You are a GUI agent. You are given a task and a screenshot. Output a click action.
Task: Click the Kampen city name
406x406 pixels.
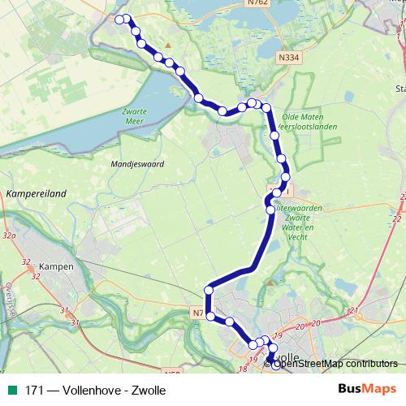click(55, 266)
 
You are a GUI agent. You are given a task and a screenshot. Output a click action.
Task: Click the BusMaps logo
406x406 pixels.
click(368, 390)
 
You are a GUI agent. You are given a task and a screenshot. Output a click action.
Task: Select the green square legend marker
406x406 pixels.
click(11, 391)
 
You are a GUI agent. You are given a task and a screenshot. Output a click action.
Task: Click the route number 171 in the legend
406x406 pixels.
click(34, 391)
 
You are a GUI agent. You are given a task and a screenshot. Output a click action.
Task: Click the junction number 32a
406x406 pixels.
click(9, 235)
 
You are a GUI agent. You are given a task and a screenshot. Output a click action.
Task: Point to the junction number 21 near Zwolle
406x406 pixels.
click(352, 311)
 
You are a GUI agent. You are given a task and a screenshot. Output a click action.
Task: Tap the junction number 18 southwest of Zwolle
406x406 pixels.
click(242, 369)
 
